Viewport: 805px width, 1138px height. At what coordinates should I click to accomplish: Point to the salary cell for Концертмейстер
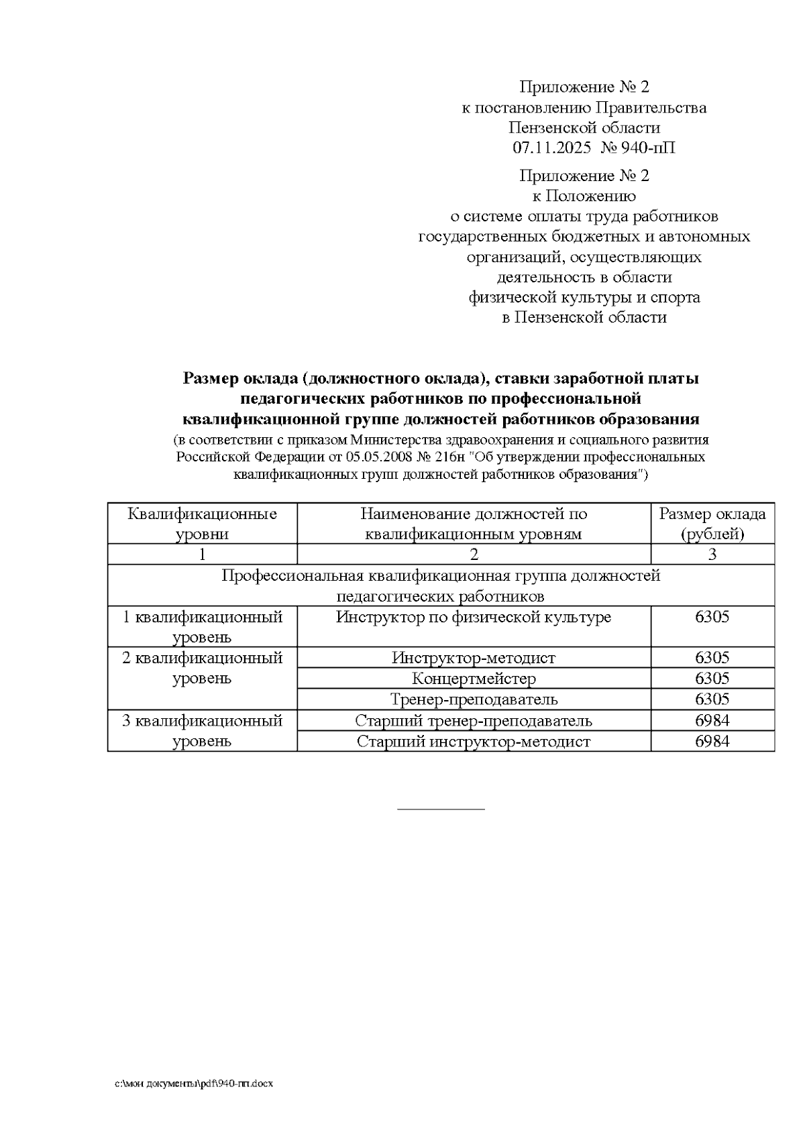coord(712,678)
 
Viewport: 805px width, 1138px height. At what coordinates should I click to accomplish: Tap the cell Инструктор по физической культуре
coord(474,617)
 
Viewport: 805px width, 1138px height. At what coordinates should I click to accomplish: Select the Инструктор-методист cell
coord(474,658)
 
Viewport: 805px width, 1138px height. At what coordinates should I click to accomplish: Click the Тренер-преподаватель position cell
coord(474,699)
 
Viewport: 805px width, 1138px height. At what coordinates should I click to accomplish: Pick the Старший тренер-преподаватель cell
coord(474,721)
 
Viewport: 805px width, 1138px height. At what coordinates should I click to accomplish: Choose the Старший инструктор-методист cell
coord(474,742)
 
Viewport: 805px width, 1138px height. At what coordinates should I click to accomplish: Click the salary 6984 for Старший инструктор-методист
coord(712,742)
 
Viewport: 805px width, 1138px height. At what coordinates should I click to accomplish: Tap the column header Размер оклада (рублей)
coord(712,524)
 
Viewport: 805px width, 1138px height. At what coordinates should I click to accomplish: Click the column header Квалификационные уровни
coord(202,524)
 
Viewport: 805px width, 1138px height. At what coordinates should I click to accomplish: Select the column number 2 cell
coord(474,555)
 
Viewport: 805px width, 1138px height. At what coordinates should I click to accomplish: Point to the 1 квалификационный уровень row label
coord(202,626)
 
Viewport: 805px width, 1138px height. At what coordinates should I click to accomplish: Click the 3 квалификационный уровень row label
coord(202,731)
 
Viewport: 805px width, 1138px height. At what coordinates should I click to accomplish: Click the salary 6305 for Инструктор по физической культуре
coord(712,617)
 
